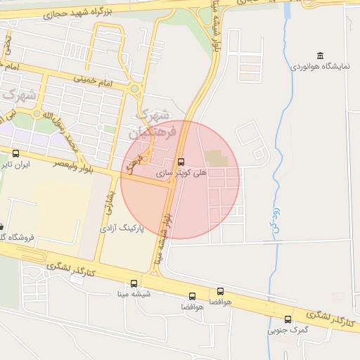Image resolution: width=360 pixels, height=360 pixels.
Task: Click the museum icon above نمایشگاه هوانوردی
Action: tap(321, 56)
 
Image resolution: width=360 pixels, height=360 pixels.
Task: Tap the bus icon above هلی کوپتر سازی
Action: tap(181, 162)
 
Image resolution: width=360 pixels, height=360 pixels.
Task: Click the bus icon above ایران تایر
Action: tap(15, 153)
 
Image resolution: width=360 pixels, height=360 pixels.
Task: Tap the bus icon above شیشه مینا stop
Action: tap(134, 283)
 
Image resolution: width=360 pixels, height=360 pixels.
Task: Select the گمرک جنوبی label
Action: tap(284, 329)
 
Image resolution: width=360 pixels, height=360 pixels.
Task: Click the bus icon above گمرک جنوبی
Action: tap(288, 319)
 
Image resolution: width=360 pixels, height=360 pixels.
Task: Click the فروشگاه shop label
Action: tap(8, 238)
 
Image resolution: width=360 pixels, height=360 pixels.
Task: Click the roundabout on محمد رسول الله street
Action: tap(37, 112)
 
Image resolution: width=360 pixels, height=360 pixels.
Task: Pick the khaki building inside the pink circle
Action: tap(217, 159)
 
